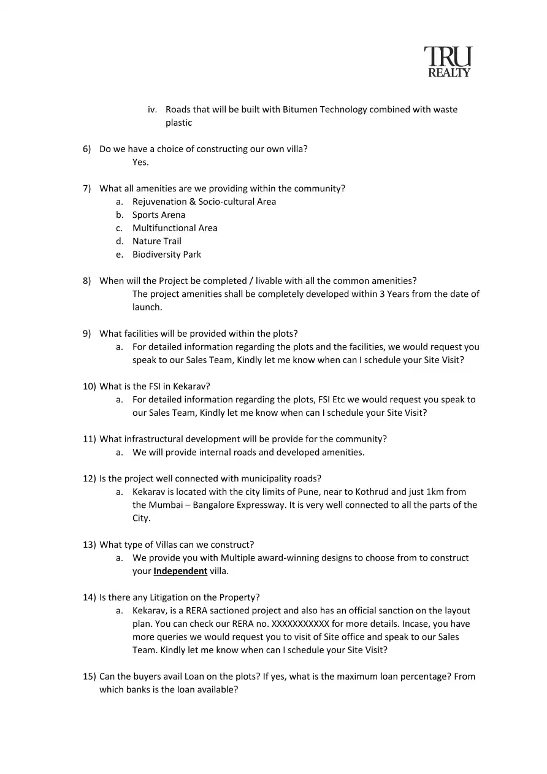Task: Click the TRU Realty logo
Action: pyautogui.click(x=448, y=63)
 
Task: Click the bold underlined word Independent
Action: pyautogui.click(x=180, y=571)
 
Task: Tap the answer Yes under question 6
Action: pyautogui.click(x=140, y=163)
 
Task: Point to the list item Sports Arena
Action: pyautogui.click(x=159, y=215)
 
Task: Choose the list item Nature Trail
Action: pyautogui.click(x=157, y=242)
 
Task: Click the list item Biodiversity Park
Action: pyautogui.click(x=167, y=255)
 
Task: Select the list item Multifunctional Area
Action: pyautogui.click(x=175, y=228)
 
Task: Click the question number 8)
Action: pyautogui.click(x=87, y=281)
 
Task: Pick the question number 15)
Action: pyautogui.click(x=90, y=676)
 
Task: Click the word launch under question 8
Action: pyautogui.click(x=147, y=307)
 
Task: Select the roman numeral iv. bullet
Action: pyautogui.click(x=153, y=110)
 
